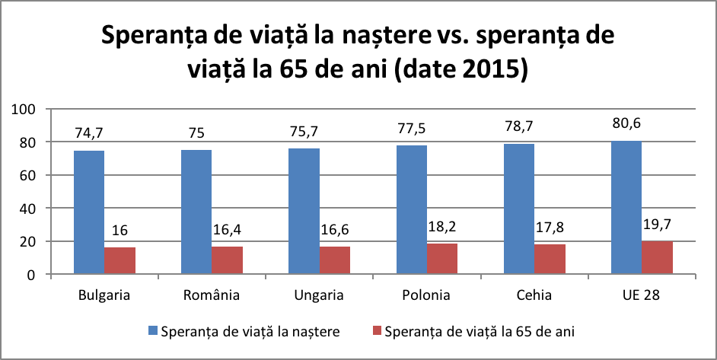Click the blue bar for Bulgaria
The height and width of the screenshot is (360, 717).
pyautogui.click(x=89, y=212)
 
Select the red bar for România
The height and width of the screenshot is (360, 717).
pyautogui.click(x=228, y=260)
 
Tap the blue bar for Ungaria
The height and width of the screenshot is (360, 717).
pyautogui.click(x=304, y=211)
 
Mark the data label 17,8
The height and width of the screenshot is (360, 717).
pyautogui.click(x=550, y=228)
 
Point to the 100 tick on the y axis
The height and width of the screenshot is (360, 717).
pyautogui.click(x=26, y=110)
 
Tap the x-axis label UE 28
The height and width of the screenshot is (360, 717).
pyautogui.click(x=642, y=295)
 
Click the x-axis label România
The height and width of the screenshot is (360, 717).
pyautogui.click(x=212, y=295)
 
